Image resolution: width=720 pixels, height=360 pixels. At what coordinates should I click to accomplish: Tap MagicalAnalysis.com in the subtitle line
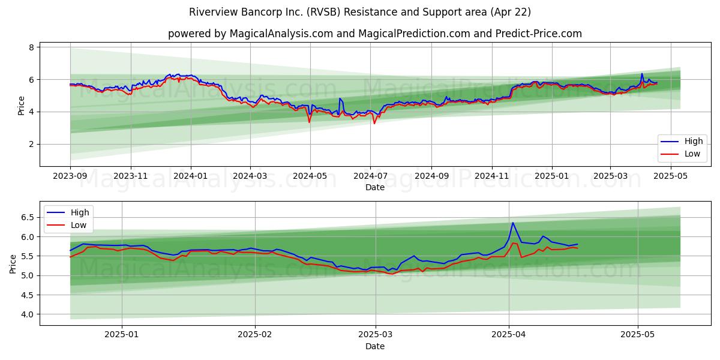tap(281, 34)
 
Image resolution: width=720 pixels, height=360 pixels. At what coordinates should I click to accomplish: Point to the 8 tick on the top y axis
tap(31, 47)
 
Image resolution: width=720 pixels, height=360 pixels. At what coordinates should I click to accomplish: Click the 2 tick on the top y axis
tap(31, 145)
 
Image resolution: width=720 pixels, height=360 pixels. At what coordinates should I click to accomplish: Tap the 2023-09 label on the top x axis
tap(70, 176)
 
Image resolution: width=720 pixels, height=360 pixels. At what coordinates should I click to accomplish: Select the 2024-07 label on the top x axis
tap(371, 176)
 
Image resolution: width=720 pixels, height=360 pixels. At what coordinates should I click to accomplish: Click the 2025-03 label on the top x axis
tap(610, 176)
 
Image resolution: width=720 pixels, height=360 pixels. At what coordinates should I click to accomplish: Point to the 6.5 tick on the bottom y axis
tap(28, 217)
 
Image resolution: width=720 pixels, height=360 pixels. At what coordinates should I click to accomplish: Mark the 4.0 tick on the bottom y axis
tap(28, 314)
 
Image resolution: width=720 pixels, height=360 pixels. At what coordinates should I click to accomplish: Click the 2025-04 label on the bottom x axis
tap(509, 335)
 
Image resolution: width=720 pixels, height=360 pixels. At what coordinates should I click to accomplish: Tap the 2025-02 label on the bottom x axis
tap(255, 335)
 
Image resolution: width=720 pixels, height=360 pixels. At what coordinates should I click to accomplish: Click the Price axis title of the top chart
tap(21, 106)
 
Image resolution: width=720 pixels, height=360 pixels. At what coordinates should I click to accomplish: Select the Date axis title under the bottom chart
tap(375, 346)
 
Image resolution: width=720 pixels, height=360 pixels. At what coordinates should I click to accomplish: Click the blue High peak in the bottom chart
tap(512, 223)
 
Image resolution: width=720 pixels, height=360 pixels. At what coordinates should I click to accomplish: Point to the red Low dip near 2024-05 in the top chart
tap(309, 122)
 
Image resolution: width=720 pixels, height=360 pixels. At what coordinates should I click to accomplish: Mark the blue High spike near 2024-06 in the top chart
tap(340, 98)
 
